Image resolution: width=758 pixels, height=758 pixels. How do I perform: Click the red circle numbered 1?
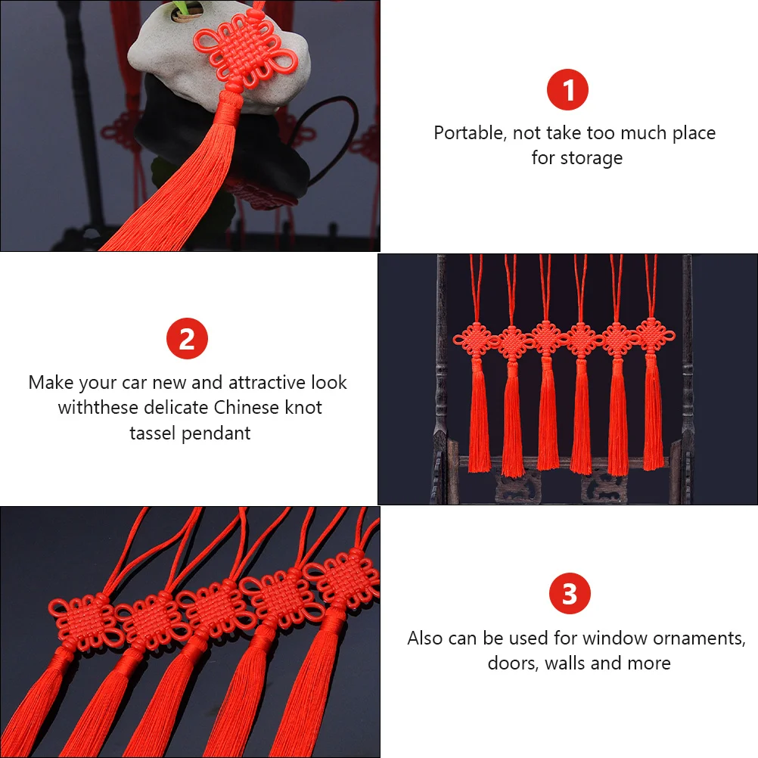point(567,91)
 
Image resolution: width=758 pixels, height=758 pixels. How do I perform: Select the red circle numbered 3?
point(569,594)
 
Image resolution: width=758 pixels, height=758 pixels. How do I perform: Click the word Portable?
point(469,133)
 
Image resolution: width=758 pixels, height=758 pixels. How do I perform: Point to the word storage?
point(592,158)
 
